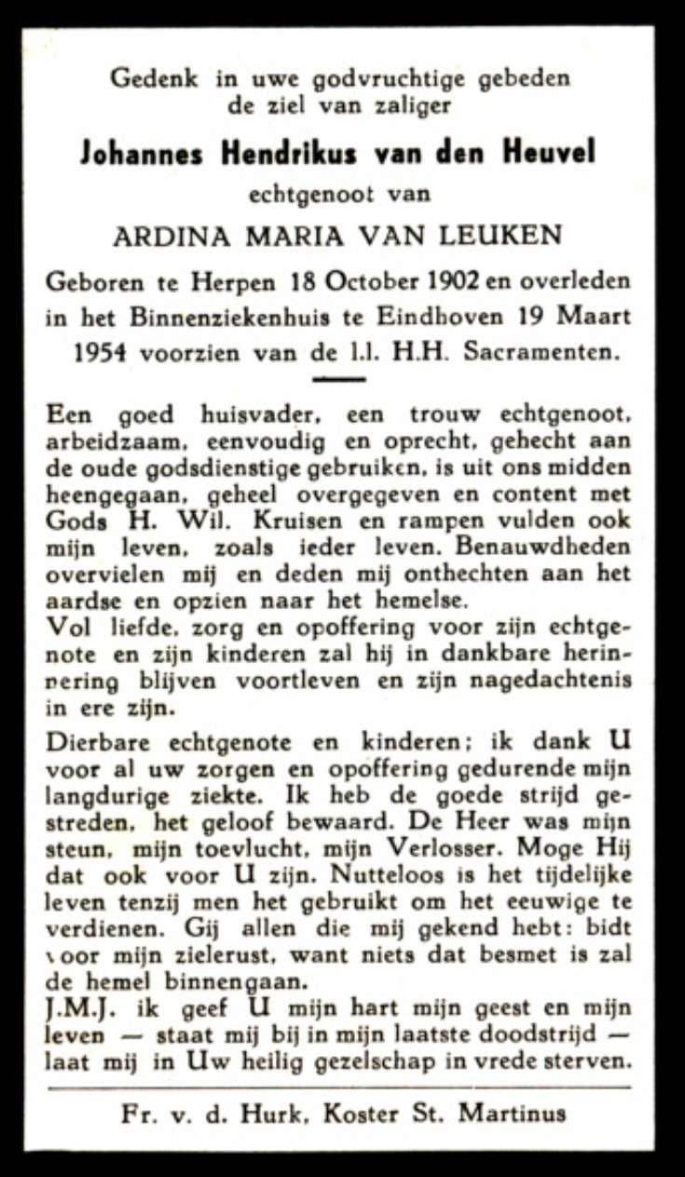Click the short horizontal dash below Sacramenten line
pos(337,378)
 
